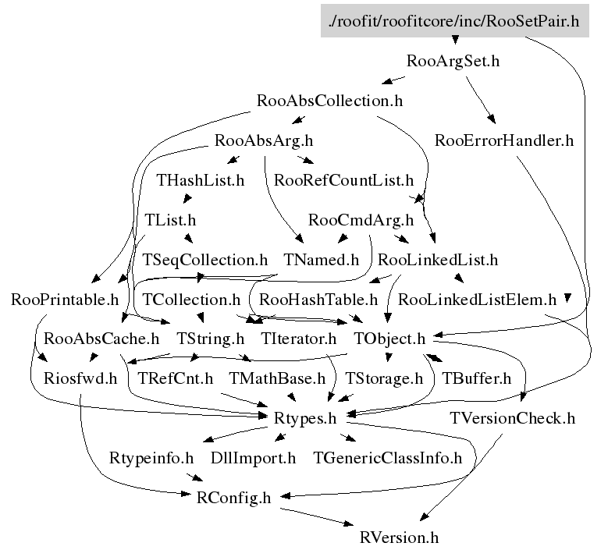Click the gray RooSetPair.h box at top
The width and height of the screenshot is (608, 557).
point(454,20)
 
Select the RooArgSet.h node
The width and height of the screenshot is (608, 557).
point(453,61)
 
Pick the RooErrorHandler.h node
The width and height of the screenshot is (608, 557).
point(504,141)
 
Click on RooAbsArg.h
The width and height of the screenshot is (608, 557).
point(263,141)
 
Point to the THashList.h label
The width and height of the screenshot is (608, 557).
point(201,180)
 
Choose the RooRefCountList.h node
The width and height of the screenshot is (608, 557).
point(343,180)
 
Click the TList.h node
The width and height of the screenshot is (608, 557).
point(170,220)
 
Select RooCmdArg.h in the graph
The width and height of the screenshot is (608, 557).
point(361,220)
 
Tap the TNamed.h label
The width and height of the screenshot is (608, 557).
point(321,260)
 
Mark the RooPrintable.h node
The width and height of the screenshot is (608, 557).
point(65,300)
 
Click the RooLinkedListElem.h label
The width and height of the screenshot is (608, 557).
point(477,300)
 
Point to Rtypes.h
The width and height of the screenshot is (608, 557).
point(306,419)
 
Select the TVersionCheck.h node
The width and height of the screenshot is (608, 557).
point(512,419)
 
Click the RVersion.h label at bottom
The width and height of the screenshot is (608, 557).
point(400,537)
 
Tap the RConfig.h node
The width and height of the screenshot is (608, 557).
point(234,498)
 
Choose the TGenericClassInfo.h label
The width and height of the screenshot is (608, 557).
point(387,458)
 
